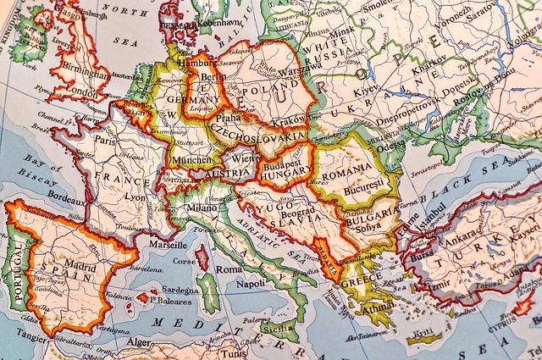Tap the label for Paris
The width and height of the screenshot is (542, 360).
106,141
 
